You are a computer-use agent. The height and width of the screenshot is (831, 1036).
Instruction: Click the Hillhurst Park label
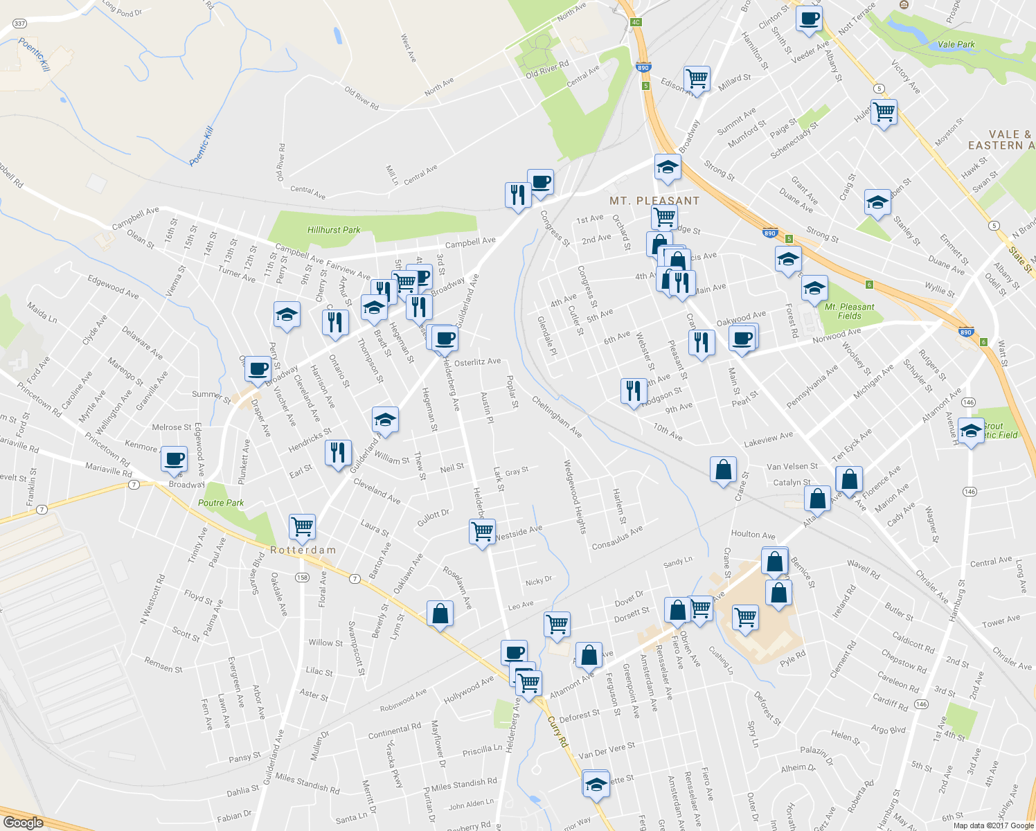tap(334, 230)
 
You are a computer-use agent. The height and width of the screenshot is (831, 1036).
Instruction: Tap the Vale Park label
tap(956, 44)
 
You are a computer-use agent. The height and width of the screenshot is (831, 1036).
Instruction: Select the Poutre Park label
tap(221, 503)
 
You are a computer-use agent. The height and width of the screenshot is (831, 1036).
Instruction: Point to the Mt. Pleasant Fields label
tap(850, 311)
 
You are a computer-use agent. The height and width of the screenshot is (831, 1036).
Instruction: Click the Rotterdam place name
tap(303, 550)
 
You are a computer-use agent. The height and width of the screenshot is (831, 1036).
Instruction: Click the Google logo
tap(23, 823)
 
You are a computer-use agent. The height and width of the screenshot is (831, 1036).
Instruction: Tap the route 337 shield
tap(19, 24)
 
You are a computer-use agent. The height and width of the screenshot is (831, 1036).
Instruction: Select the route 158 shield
tap(302, 578)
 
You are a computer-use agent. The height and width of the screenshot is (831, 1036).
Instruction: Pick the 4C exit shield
tap(636, 22)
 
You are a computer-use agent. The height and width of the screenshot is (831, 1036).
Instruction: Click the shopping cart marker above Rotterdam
tap(302, 526)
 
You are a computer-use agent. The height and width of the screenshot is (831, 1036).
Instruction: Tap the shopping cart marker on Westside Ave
tap(482, 531)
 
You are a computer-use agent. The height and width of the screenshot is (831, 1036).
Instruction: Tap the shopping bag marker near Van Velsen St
tap(723, 470)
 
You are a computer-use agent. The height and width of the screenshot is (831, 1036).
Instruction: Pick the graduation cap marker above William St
tap(385, 419)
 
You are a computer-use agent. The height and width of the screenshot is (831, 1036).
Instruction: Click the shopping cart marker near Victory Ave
tap(884, 111)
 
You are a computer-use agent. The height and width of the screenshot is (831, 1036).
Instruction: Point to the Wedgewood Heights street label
tap(575, 497)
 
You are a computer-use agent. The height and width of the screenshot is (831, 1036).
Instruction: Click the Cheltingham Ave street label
tap(557, 416)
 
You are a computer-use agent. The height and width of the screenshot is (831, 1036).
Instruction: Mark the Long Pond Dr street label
tap(122, 8)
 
